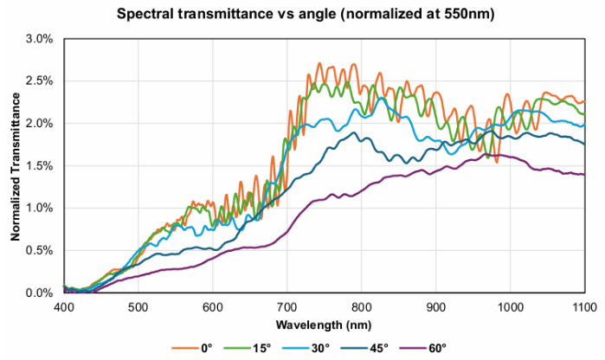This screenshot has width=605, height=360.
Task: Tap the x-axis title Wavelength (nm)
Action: pyautogui.click(x=324, y=325)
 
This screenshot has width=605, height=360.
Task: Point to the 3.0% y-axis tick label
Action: pyautogui.click(x=40, y=39)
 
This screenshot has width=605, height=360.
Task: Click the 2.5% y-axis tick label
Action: pyautogui.click(x=40, y=81)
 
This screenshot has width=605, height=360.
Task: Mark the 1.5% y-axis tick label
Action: pyautogui.click(x=40, y=166)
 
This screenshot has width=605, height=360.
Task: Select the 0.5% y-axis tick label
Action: pyautogui.click(x=40, y=251)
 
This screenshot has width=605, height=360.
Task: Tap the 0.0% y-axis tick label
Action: pyautogui.click(x=40, y=293)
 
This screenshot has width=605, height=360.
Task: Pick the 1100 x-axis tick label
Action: pyautogui.click(x=582, y=307)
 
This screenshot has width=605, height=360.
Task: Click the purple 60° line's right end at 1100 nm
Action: pyautogui.click(x=583, y=175)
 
